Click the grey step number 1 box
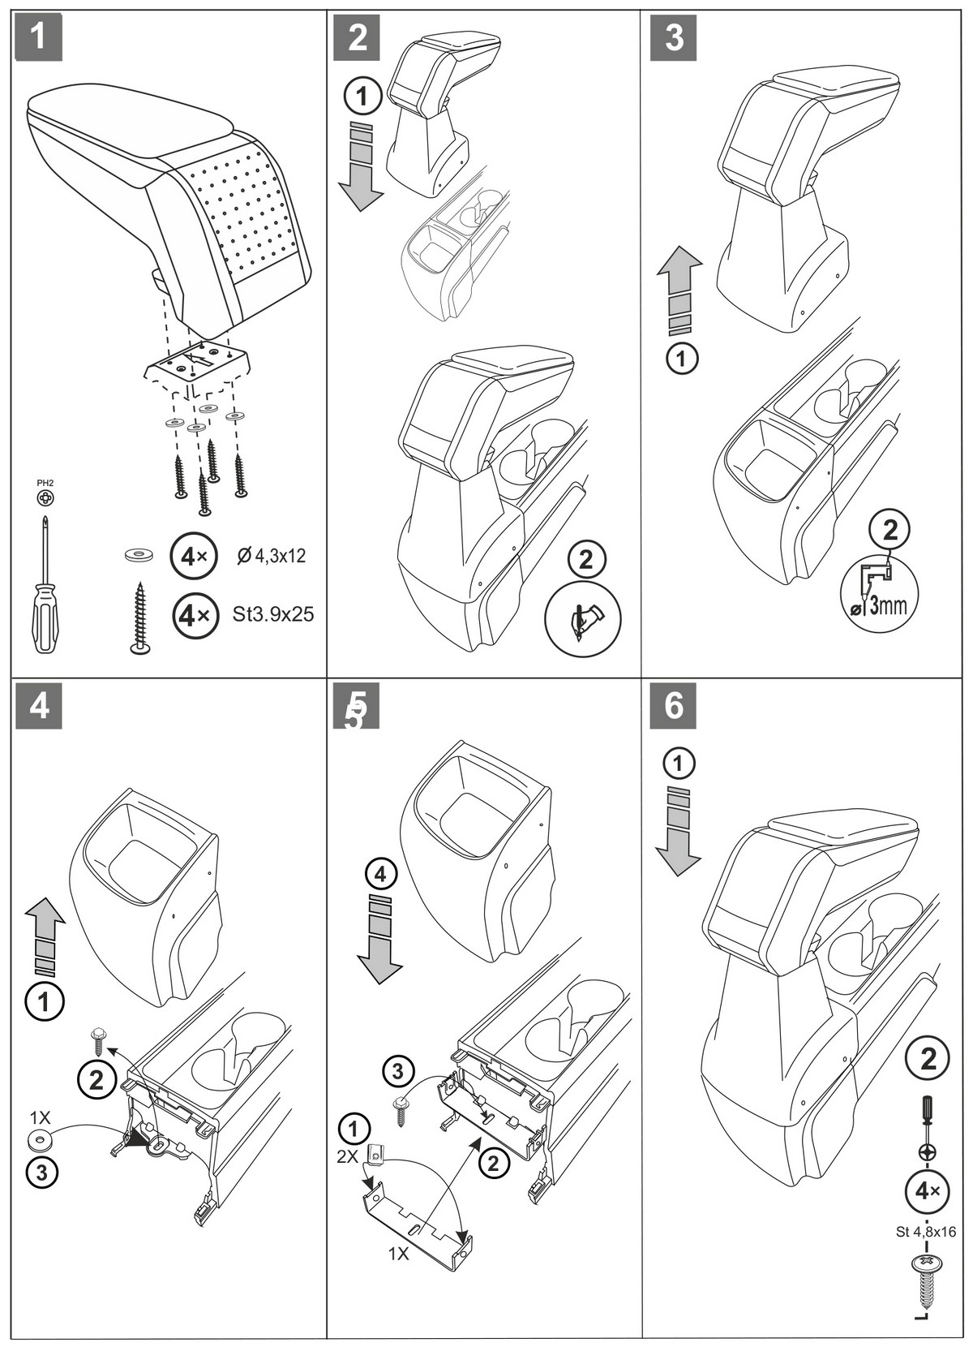tap(38, 37)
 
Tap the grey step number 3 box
tap(673, 37)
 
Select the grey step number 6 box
tap(673, 705)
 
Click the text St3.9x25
tap(272, 614)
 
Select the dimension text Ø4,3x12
tap(271, 556)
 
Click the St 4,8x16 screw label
tap(926, 1232)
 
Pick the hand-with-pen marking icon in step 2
tap(582, 619)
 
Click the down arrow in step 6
tap(678, 831)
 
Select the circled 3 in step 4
tap(42, 1173)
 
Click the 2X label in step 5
tap(347, 1156)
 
